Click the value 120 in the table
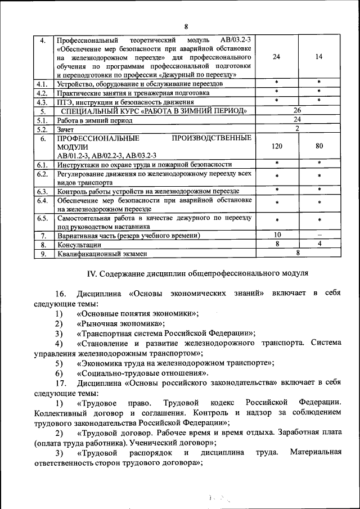[x=276, y=146]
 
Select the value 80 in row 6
[x=319, y=146]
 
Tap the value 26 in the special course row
[x=298, y=111]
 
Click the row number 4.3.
[x=42, y=102]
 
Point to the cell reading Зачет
[x=66, y=129]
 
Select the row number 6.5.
[x=42, y=217]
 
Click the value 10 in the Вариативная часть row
[x=277, y=235]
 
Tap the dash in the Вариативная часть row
[x=319, y=235]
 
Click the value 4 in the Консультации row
[x=319, y=244]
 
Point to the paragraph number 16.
[x=61, y=294]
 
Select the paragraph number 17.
[x=61, y=382]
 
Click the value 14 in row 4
[x=319, y=57]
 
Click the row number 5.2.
[x=42, y=129]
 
